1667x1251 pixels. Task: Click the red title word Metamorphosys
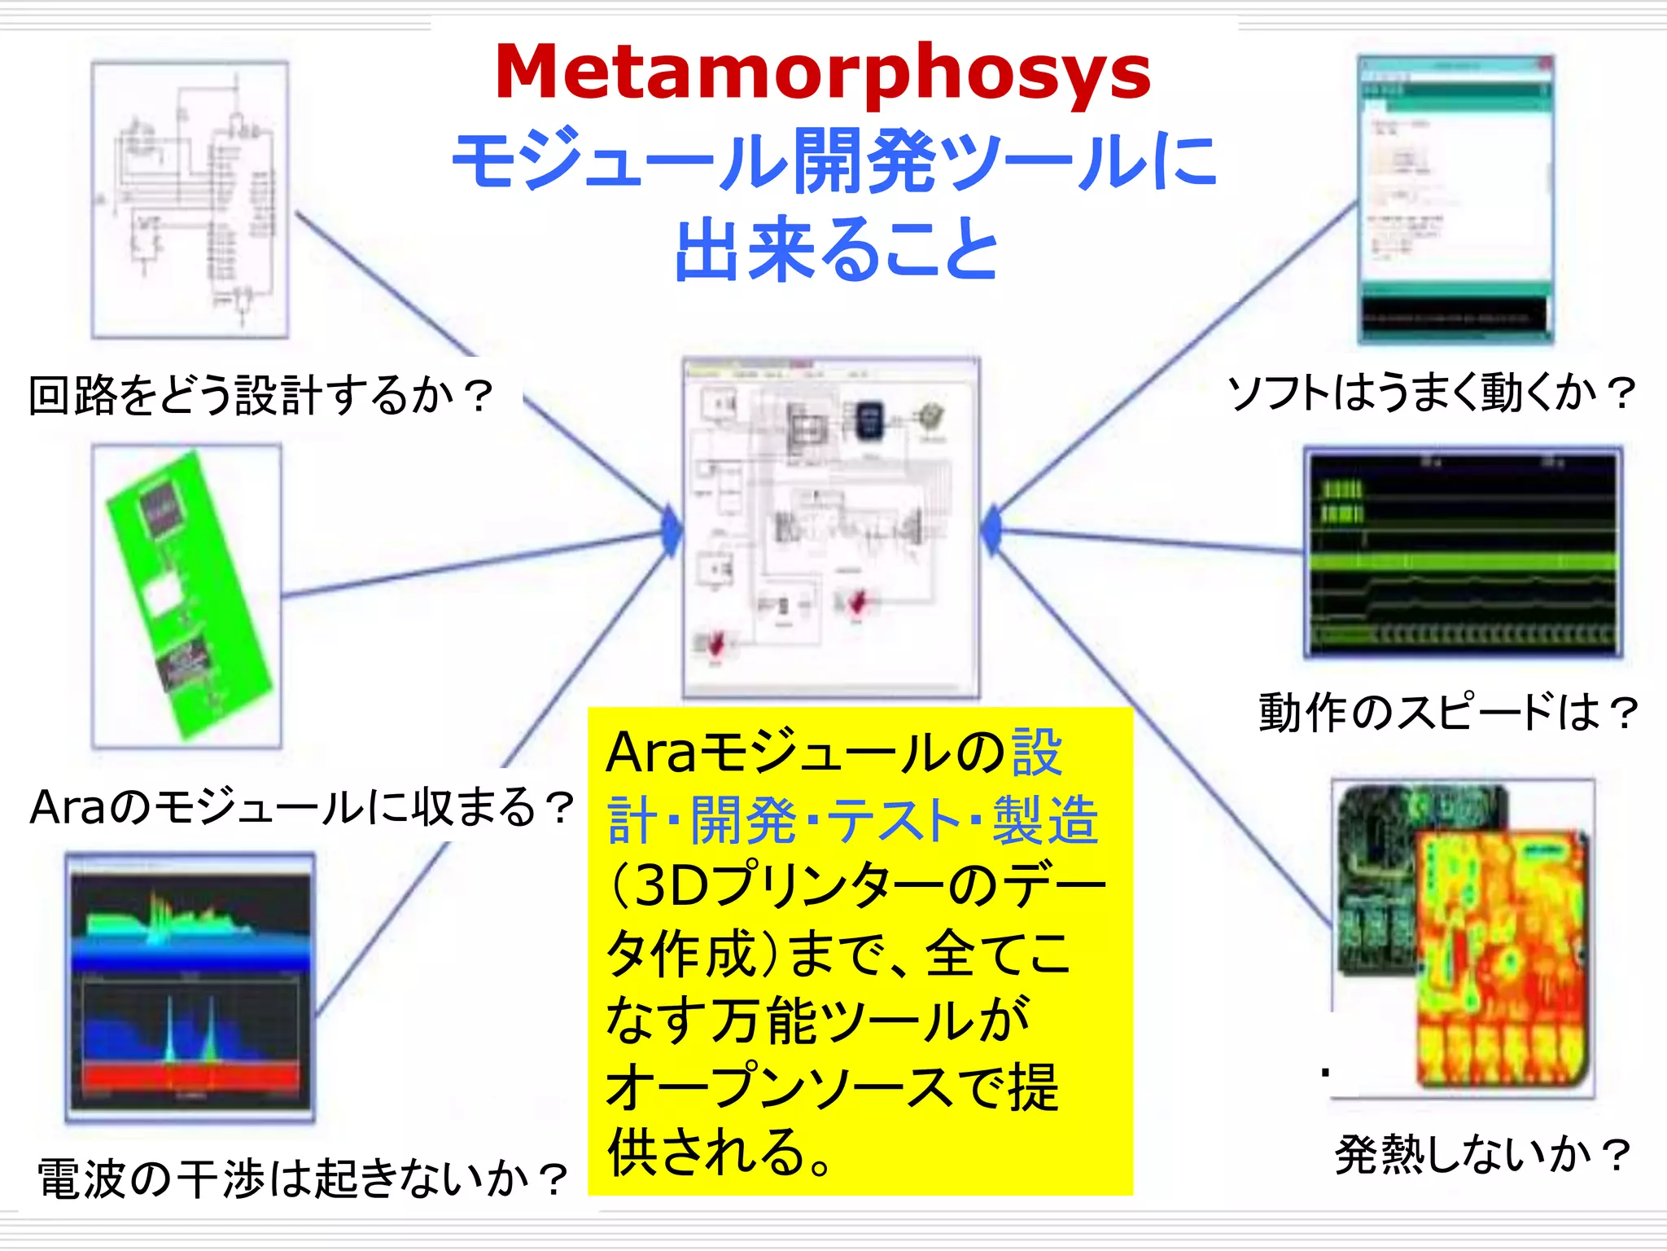pyautogui.click(x=822, y=73)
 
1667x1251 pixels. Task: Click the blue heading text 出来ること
pyautogui.click(x=837, y=249)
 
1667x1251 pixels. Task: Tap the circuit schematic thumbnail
pyautogui.click(x=190, y=200)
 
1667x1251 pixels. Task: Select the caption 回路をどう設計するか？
pyautogui.click(x=260, y=396)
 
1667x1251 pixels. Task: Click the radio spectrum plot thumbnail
pyautogui.click(x=190, y=987)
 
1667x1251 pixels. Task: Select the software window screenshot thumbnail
pyautogui.click(x=1455, y=200)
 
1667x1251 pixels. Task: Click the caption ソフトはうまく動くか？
pyautogui.click(x=1431, y=393)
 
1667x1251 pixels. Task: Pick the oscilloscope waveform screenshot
pyautogui.click(x=1463, y=551)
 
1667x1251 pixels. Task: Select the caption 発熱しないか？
pyautogui.click(x=1483, y=1154)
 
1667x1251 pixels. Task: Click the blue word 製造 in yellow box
pyautogui.click(x=1045, y=820)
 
